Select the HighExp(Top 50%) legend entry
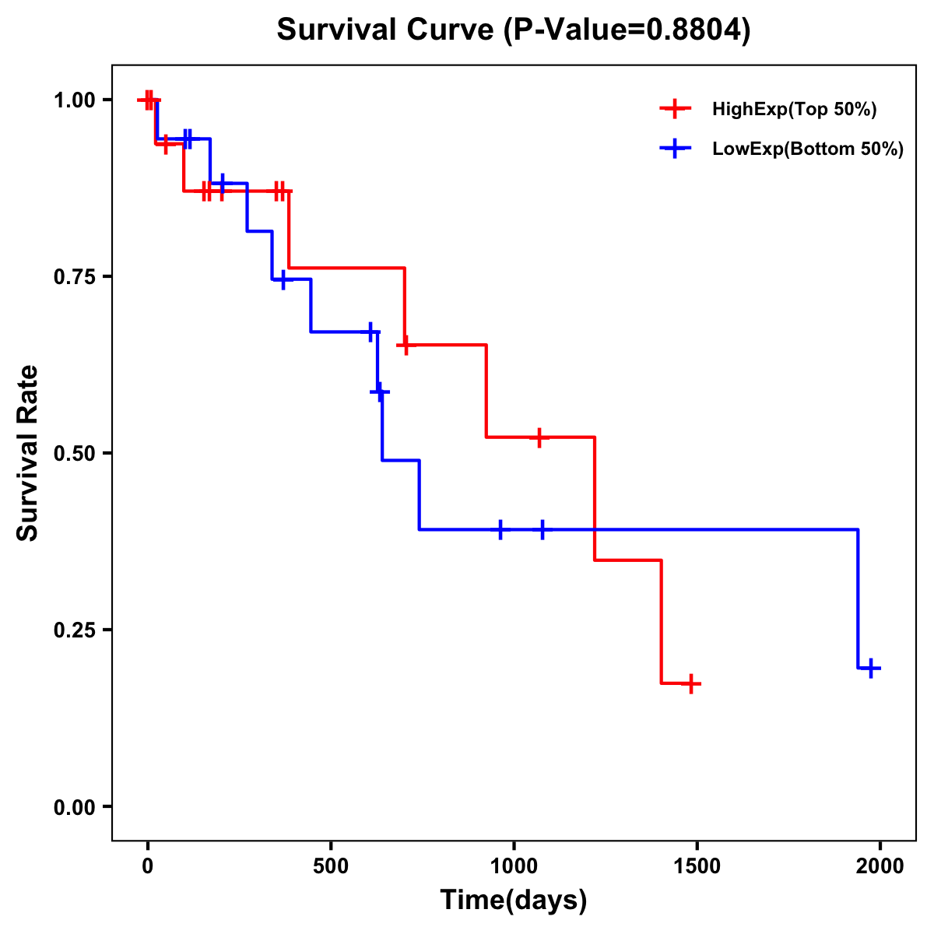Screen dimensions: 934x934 (x=794, y=109)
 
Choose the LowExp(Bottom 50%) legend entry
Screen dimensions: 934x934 (x=807, y=149)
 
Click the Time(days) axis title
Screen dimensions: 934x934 (x=514, y=901)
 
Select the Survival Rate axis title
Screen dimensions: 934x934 (x=29, y=453)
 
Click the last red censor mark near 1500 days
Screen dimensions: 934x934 (x=690, y=684)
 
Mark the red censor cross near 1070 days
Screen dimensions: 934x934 (x=539, y=437)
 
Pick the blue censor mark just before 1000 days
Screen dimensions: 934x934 (x=500, y=529)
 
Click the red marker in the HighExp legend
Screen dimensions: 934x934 (x=675, y=109)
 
